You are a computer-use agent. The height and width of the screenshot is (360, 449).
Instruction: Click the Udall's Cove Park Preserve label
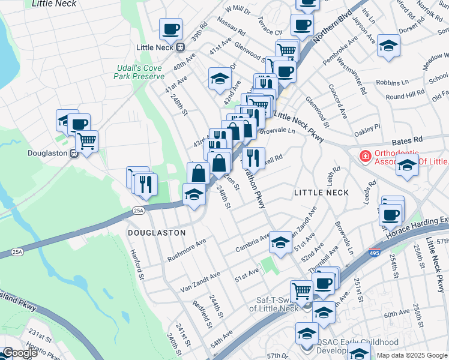139,72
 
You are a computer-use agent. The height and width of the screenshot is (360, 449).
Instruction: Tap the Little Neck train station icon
179,47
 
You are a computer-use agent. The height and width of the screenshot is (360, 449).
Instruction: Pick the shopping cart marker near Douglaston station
87,142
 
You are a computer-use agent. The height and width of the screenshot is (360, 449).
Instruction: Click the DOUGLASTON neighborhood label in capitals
156,232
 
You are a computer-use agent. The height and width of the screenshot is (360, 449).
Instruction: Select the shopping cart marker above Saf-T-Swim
301,291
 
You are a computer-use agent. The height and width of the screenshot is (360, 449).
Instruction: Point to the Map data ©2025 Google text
412,355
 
